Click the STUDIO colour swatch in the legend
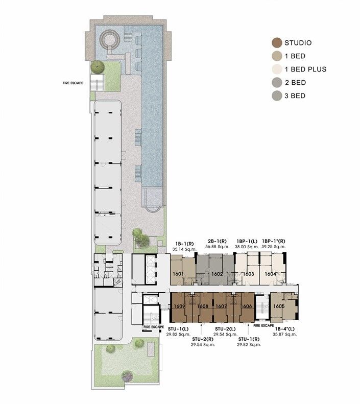tap(277, 43)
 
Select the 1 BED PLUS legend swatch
tap(277, 69)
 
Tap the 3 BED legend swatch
tap(277, 96)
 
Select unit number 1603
tap(248, 274)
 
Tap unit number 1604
tap(271, 274)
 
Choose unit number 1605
tap(279, 306)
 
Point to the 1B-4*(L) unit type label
tap(284, 328)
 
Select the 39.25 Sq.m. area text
tap(274, 247)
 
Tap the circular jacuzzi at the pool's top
tap(109, 39)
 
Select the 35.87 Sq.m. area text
tap(284, 335)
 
